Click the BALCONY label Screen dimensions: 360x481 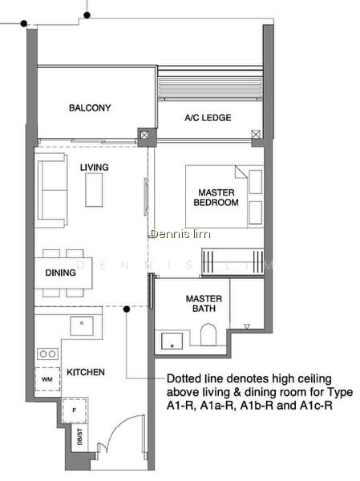pyautogui.click(x=90, y=107)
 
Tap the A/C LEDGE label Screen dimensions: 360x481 pyautogui.click(x=208, y=118)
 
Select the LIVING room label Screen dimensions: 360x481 pyautogui.click(x=95, y=168)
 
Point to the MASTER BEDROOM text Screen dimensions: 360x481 pyautogui.click(x=216, y=197)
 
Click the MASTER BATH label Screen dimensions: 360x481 pyautogui.click(x=204, y=303)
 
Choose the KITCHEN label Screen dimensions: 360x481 pyautogui.click(x=86, y=372)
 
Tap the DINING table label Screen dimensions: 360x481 pyautogui.click(x=60, y=273)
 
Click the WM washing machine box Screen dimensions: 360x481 pyautogui.click(x=47, y=379)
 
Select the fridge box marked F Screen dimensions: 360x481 pyautogui.click(x=75, y=410)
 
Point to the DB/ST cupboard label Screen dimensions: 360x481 pyautogui.click(x=80, y=437)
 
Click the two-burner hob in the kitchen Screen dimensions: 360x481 pyautogui.click(x=47, y=354)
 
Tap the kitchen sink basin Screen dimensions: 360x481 pyautogui.click(x=82, y=326)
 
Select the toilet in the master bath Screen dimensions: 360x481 pyautogui.click(x=208, y=334)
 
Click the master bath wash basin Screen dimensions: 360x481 pyautogui.click(x=172, y=341)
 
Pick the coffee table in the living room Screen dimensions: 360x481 pyautogui.click(x=94, y=190)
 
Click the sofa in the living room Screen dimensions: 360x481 pyautogui.click(x=51, y=190)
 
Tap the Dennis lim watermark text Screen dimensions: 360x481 pyautogui.click(x=180, y=234)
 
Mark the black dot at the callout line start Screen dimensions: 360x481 pyautogui.click(x=127, y=309)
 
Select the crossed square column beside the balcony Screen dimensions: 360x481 pyautogui.click(x=144, y=135)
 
